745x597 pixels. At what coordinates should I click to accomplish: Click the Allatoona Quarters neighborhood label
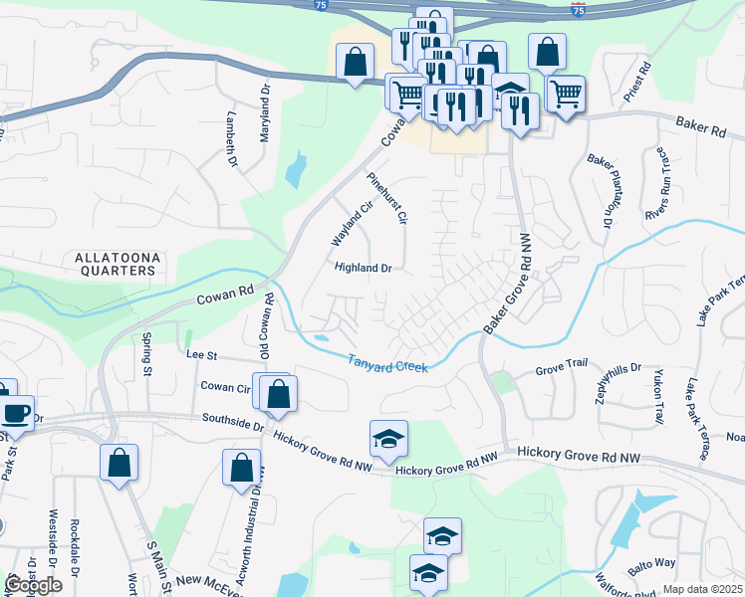(x=117, y=264)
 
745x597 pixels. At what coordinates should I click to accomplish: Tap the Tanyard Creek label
(x=388, y=363)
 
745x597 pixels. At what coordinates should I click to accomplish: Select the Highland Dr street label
(x=365, y=268)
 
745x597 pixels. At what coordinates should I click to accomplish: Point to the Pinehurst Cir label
(x=388, y=198)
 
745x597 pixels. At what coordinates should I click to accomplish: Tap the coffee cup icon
(x=15, y=411)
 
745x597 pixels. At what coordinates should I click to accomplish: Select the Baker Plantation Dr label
(x=598, y=189)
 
